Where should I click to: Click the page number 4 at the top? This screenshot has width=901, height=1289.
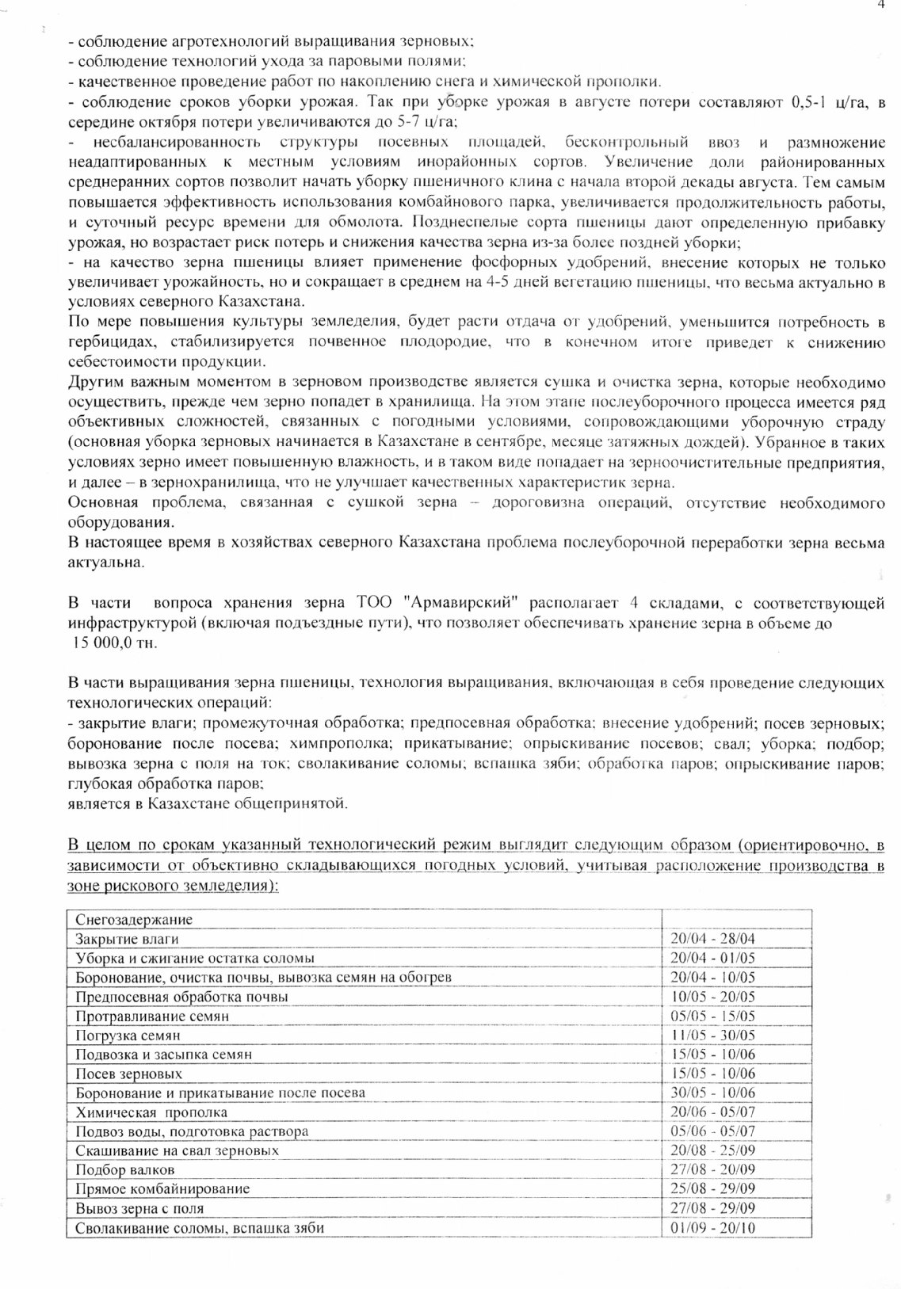click(880, 5)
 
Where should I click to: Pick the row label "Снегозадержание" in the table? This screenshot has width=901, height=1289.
click(134, 920)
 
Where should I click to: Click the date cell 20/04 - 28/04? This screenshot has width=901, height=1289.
click(712, 939)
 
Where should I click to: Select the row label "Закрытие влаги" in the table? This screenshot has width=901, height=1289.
click(127, 939)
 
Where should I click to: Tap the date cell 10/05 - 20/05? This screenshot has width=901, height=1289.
click(712, 997)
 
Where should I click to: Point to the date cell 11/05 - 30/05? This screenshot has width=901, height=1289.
click(712, 1035)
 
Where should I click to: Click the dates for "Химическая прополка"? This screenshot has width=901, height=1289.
click(712, 1112)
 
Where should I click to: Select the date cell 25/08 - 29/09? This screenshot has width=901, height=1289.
click(712, 1189)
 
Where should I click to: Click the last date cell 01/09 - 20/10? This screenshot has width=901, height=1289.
click(712, 1228)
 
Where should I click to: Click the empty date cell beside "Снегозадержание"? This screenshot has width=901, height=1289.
click(736, 920)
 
